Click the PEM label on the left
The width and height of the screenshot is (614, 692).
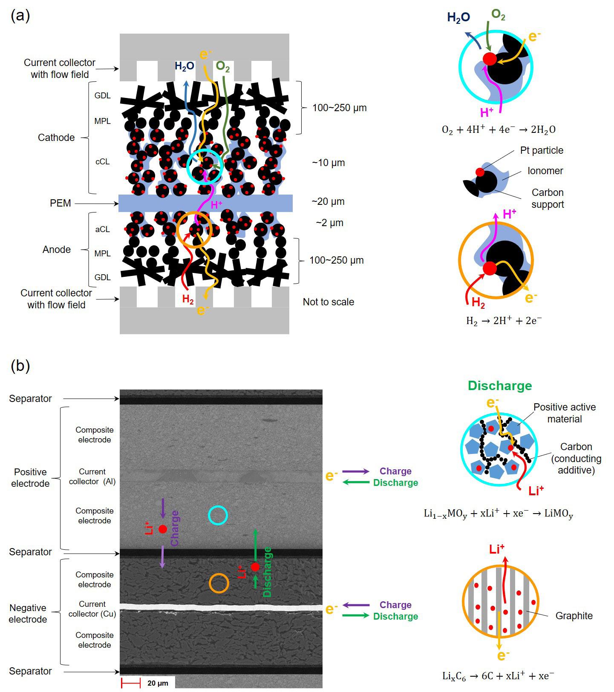pyautogui.click(x=61, y=203)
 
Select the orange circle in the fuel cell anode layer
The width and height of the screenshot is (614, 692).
pyautogui.click(x=194, y=230)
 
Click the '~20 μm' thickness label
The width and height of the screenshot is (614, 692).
pyautogui.click(x=328, y=201)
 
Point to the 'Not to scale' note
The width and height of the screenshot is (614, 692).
pyautogui.click(x=328, y=302)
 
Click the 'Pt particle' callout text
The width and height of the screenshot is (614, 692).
pyautogui.click(x=541, y=150)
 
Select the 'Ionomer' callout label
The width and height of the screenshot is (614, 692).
pyautogui.click(x=545, y=171)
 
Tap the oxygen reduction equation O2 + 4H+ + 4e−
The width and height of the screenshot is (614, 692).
pyautogui.click(x=499, y=129)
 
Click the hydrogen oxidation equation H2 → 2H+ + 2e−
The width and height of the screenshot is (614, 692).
pyautogui.click(x=504, y=321)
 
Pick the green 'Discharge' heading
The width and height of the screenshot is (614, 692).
pyautogui.click(x=499, y=386)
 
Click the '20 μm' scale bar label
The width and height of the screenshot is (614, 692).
pyautogui.click(x=158, y=683)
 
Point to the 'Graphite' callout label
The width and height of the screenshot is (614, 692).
pyautogui.click(x=574, y=616)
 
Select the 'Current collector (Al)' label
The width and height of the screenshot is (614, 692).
pyautogui.click(x=92, y=477)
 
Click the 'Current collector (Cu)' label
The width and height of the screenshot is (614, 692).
pyautogui.click(x=92, y=609)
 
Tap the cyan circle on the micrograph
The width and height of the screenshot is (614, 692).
pyautogui.click(x=218, y=515)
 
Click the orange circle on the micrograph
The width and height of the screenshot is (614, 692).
pyautogui.click(x=219, y=583)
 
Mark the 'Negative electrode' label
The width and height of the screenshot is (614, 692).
pyautogui.click(x=28, y=613)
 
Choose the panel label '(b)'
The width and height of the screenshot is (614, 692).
pyautogui.click(x=20, y=366)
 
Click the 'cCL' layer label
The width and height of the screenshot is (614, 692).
pyautogui.click(x=102, y=161)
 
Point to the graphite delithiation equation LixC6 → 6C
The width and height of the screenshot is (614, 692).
pyautogui.click(x=498, y=676)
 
